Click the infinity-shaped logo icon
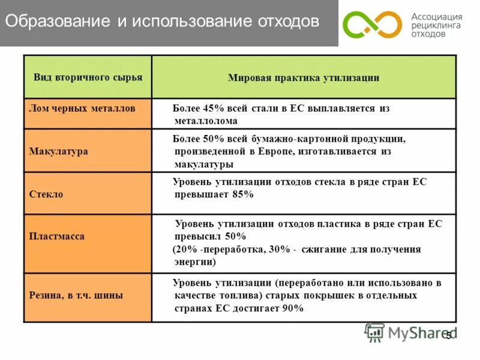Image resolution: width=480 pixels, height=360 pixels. click(x=372, y=25)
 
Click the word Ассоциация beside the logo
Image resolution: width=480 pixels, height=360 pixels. click(x=437, y=17)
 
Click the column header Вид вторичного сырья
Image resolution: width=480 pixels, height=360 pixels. click(x=88, y=77)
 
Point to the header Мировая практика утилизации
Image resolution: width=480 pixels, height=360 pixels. click(x=304, y=78)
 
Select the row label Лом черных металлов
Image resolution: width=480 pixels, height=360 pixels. click(x=82, y=108)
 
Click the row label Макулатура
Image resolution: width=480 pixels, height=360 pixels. click(x=59, y=151)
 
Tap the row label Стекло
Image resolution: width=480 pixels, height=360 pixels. click(x=46, y=194)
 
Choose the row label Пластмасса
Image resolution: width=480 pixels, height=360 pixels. click(x=57, y=236)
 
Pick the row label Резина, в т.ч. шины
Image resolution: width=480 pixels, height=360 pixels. click(x=76, y=295)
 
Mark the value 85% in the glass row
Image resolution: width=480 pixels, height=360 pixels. click(x=242, y=194)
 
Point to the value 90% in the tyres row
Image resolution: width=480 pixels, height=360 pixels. click(x=292, y=308)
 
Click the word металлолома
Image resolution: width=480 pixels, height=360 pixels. click(x=205, y=121)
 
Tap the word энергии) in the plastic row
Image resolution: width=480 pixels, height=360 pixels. click(x=195, y=262)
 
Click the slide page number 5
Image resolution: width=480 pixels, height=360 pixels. click(x=448, y=336)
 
